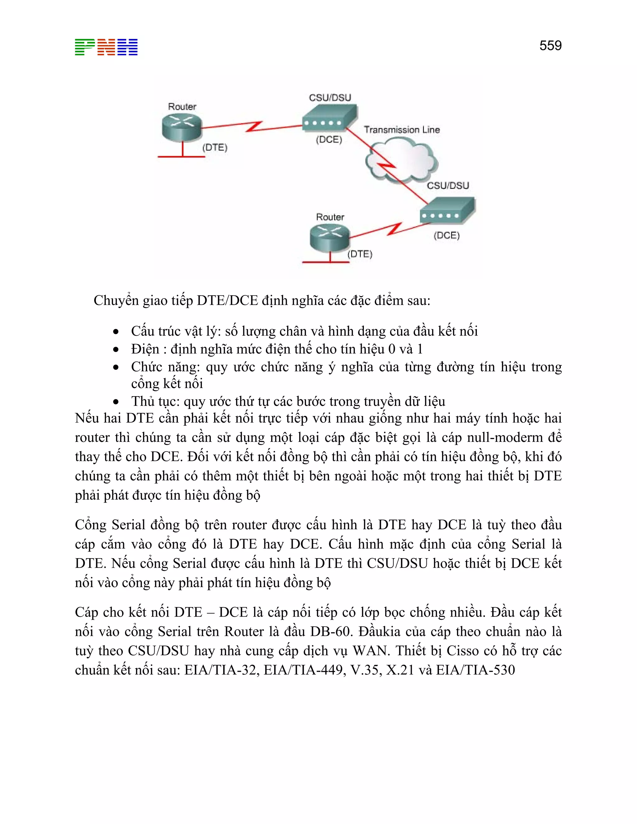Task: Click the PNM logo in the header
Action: tap(106, 47)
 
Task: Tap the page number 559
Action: tap(550, 46)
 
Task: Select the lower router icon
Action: tap(329, 238)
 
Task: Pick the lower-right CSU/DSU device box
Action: tap(447, 211)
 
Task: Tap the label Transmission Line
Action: tap(402, 130)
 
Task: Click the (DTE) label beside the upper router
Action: tap(215, 147)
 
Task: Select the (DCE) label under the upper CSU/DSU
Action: tap(329, 140)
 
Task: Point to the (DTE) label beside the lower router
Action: tap(360, 254)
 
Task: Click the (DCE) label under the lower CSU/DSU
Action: tap(446, 235)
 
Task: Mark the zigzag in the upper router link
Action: tap(253, 127)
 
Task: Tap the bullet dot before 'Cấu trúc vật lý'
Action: tap(116, 332)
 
